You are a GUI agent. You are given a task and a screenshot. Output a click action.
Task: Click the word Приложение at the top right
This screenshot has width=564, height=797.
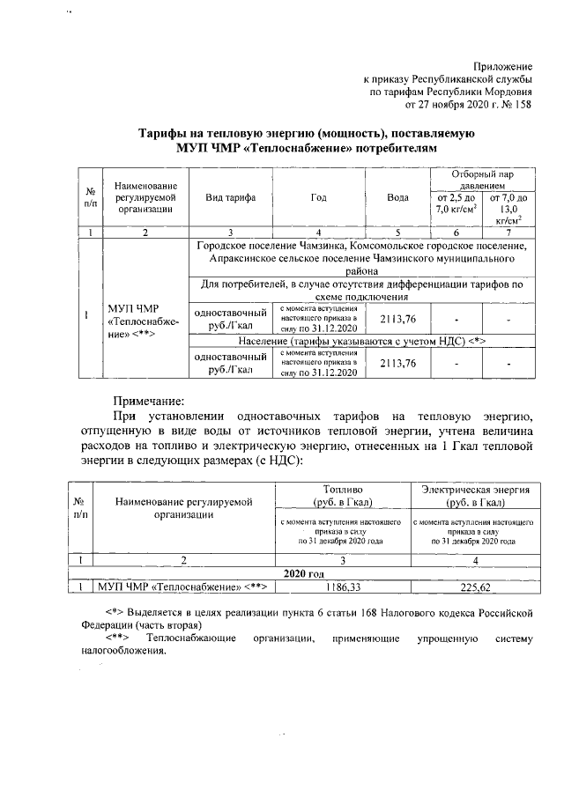503,67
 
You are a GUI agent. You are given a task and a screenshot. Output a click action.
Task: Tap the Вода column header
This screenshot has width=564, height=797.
397,197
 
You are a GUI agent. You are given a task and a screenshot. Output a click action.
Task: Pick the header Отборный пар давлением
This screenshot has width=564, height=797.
480,181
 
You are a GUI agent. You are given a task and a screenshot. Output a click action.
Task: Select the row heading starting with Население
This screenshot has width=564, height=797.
363,340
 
